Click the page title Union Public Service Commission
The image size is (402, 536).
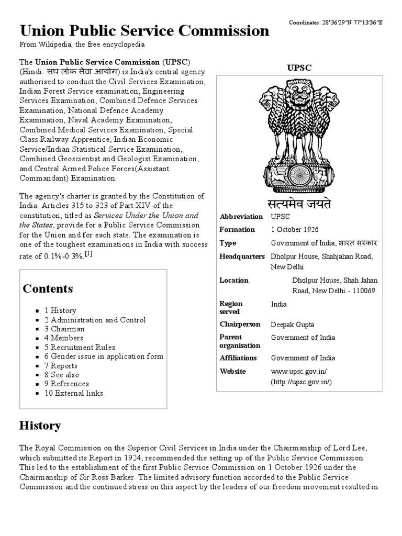pos(144,30)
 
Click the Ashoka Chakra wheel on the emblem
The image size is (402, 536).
pos(300,175)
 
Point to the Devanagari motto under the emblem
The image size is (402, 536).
pos(300,203)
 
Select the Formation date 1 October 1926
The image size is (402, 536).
pos(295,230)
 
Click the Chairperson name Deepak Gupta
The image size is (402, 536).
pos(293,325)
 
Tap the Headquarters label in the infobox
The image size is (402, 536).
pos(241,256)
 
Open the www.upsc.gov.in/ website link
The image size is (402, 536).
pos(299,372)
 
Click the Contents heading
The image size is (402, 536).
pos(48,289)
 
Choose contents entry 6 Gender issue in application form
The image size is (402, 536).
pos(104,356)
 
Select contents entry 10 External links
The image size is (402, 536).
pos(73,393)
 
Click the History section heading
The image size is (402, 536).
pos(40,426)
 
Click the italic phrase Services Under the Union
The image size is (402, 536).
pos(141,215)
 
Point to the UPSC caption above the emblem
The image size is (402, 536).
pos(300,68)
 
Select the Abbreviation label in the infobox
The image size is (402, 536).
pos(241,217)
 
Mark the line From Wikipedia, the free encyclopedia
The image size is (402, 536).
pos(82,45)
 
